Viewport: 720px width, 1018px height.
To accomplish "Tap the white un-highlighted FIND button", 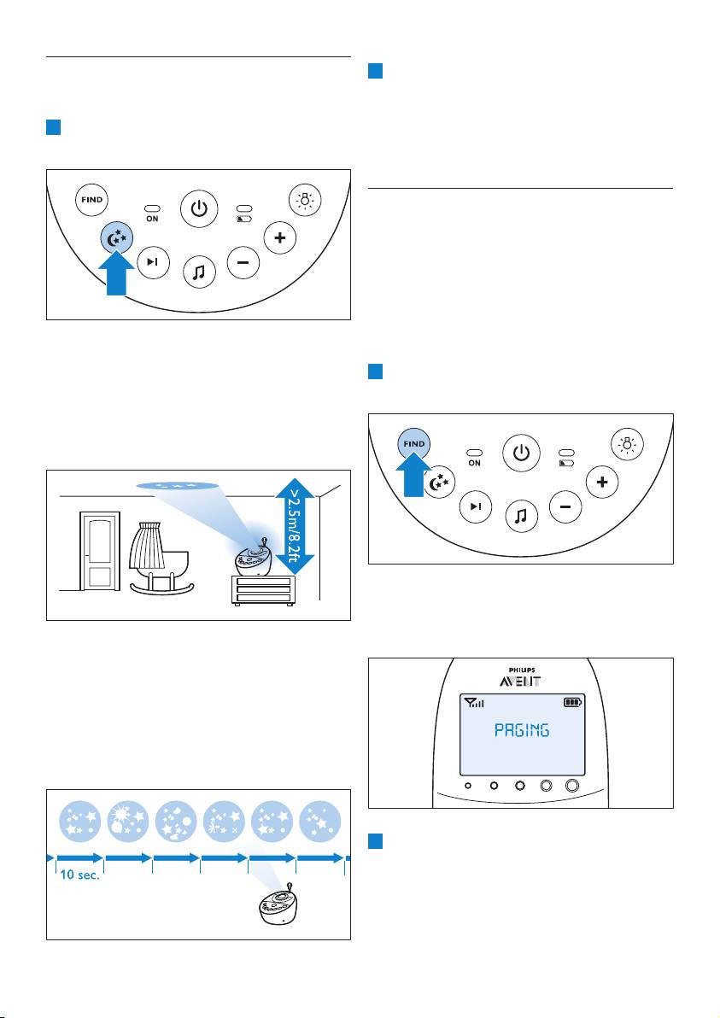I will pyautogui.click(x=92, y=200).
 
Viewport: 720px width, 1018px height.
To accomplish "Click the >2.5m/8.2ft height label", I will pyautogui.click(x=296, y=520).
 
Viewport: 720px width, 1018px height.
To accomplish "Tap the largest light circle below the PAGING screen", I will pyautogui.click(x=571, y=786).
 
